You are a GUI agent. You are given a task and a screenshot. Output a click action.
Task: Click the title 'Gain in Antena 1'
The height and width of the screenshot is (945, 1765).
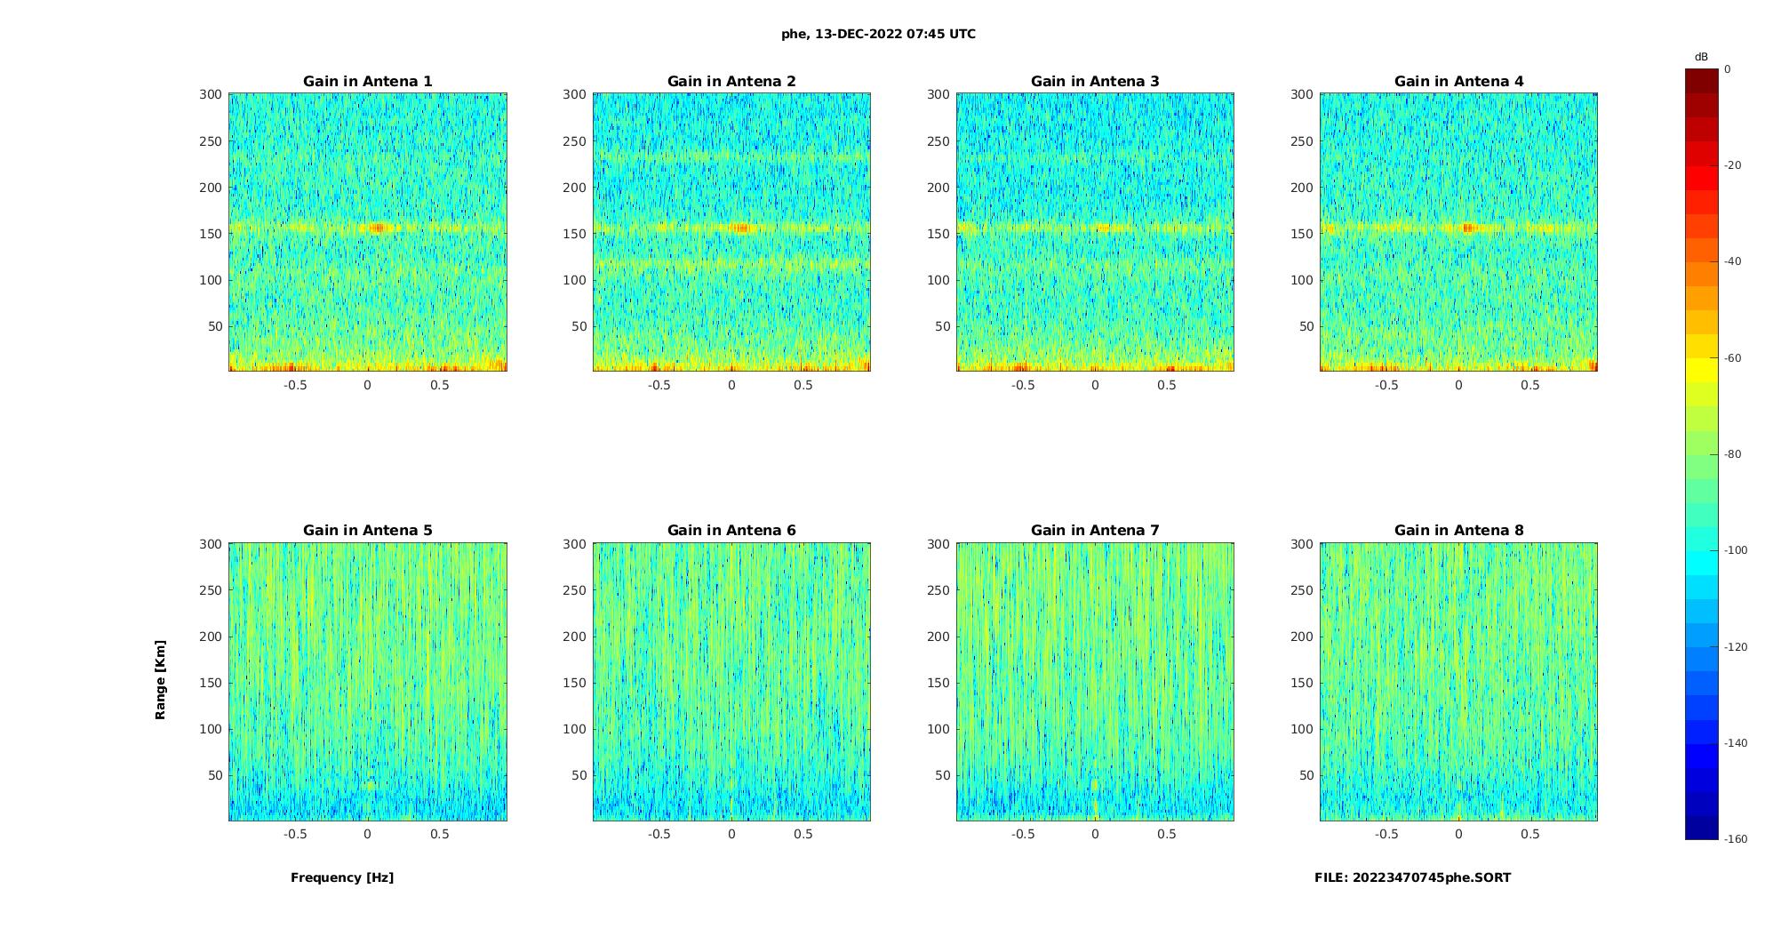(367, 82)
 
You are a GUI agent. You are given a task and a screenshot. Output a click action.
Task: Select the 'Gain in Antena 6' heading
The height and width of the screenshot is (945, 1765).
(731, 531)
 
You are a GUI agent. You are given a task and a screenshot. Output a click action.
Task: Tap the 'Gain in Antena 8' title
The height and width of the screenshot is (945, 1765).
(1458, 531)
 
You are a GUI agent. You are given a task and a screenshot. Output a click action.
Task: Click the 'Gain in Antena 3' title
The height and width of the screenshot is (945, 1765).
(1095, 82)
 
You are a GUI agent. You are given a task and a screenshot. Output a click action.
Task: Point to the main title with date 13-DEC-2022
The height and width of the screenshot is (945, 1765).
(878, 35)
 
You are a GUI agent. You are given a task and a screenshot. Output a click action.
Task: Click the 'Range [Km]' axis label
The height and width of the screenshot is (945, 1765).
(161, 679)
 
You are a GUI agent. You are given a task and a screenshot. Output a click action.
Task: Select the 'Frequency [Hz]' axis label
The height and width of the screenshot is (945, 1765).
(342, 877)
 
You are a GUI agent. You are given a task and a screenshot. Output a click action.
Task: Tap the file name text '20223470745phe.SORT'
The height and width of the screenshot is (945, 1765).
(1432, 877)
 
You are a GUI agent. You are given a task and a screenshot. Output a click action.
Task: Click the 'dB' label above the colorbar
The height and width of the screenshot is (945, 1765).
(1701, 57)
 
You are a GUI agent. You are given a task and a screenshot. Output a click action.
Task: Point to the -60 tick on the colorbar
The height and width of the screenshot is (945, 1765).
(1732, 358)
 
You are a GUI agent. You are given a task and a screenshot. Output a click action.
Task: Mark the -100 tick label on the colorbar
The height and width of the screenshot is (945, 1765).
(1735, 550)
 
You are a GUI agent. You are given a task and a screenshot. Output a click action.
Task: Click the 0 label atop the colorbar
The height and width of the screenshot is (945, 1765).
(1728, 69)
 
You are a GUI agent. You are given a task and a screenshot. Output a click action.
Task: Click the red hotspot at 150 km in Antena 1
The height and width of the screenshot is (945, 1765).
(377, 228)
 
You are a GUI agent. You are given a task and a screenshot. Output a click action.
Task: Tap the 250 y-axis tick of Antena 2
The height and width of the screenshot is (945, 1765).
(574, 141)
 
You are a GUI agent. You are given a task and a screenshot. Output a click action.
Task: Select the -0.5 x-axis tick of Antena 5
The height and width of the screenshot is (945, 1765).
(295, 834)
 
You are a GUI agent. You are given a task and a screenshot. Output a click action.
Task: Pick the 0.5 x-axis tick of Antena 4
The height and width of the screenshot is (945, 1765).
(1529, 385)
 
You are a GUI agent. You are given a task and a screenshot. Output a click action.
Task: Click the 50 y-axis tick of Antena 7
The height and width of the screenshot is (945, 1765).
(942, 775)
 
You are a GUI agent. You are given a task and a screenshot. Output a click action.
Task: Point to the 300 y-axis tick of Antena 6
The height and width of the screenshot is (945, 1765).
(574, 544)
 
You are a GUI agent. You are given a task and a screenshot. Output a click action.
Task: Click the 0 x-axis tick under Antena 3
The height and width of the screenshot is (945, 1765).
(1095, 385)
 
